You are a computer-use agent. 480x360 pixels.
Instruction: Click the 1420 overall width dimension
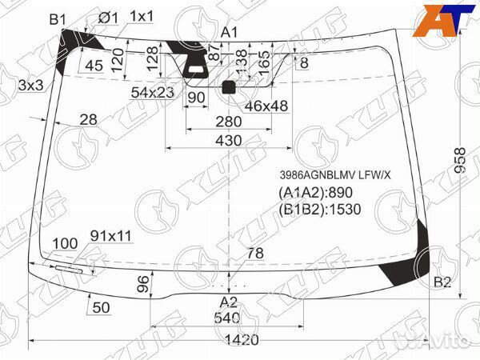pos(241,339)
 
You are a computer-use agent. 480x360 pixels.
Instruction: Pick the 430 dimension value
pos(229,140)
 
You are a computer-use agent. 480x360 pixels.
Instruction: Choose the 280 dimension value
pos(229,121)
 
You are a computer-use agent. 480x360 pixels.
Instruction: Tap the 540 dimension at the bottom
pos(229,318)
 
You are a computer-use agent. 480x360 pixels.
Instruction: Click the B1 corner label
pos(57,18)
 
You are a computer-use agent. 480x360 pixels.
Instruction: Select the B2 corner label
pos(442,282)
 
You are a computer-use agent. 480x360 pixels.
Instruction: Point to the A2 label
pos(229,302)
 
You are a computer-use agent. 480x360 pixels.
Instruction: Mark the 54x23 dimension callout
pos(153,93)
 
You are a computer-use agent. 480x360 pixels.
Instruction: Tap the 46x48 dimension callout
pos(266,105)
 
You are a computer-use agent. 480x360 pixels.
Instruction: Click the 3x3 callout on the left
pos(30,85)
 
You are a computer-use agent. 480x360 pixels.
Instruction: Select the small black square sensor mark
pos(229,87)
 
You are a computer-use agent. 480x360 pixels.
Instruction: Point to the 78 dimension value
pos(254,254)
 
